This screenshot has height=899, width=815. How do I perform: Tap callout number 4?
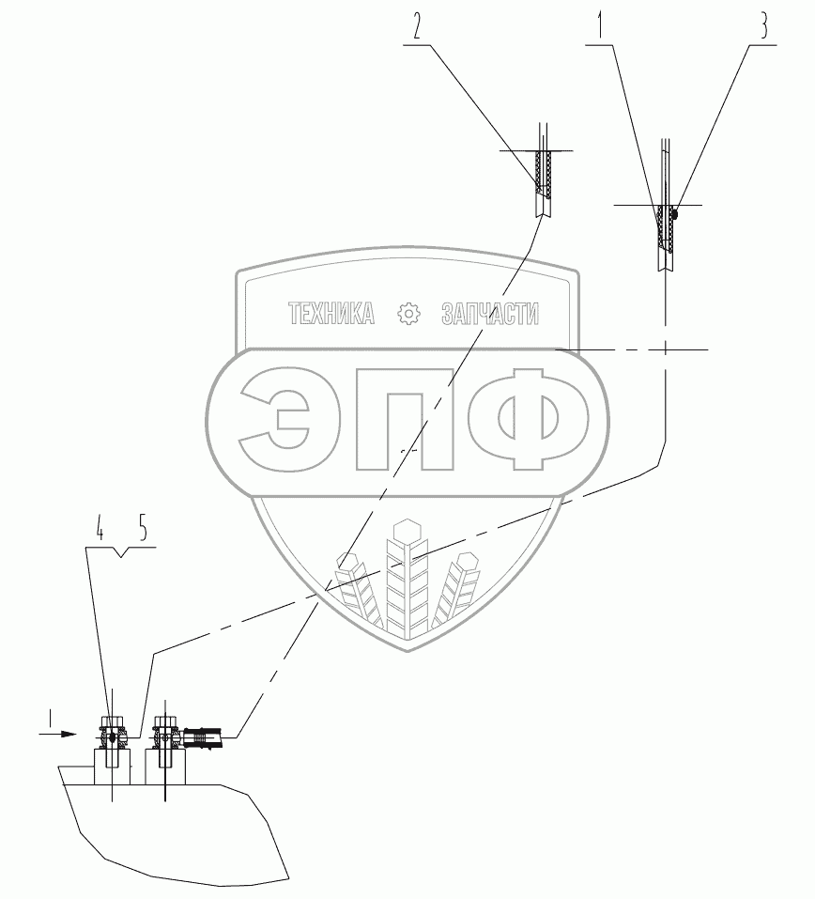click(99, 532)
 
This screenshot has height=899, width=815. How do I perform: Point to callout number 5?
click(142, 532)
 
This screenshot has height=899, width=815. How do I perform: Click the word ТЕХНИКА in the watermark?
click(331, 314)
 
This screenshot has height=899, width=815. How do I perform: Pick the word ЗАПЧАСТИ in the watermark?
click(490, 314)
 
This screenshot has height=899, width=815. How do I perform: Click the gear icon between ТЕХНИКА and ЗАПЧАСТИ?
click(409, 314)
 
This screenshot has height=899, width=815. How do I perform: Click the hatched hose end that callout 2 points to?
click(543, 174)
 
